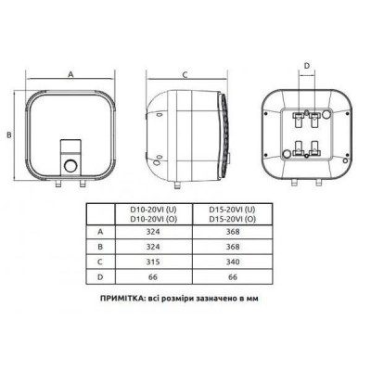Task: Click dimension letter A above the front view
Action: tap(70, 74)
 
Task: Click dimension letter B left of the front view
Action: tap(9, 134)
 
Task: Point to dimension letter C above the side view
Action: tap(185, 74)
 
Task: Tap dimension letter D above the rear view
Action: tap(307, 66)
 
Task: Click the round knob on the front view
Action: tap(70, 167)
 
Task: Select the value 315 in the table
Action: tap(153, 262)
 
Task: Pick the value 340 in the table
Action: tap(233, 262)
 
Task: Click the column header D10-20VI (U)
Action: tap(153, 210)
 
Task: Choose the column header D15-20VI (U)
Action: tap(233, 210)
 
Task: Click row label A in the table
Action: tap(100, 232)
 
